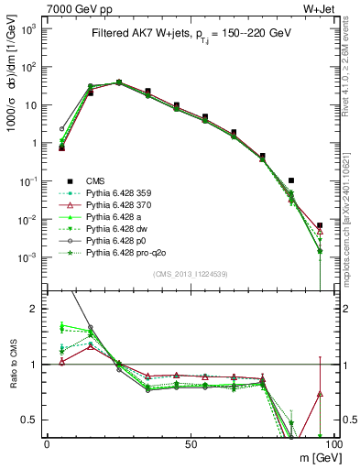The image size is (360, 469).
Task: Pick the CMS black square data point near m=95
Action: pos(319,225)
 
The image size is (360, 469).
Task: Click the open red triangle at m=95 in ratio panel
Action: pos(319,394)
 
